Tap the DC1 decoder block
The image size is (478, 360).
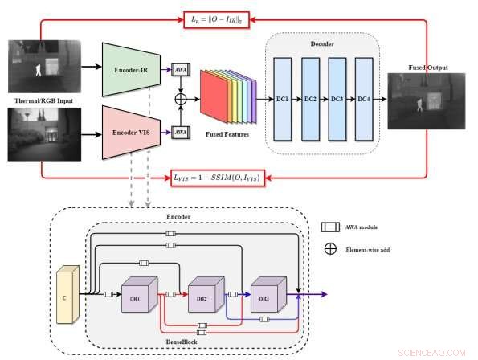tap(282, 98)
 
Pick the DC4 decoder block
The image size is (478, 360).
tap(364, 98)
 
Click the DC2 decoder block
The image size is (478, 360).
tap(309, 98)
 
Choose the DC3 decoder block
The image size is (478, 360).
tap(337, 98)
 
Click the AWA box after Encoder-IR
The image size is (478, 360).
tap(179, 69)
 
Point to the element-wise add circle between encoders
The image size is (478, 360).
tap(179, 100)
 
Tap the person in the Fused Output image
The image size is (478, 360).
tap(419, 104)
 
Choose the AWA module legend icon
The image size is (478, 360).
tap(329, 228)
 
